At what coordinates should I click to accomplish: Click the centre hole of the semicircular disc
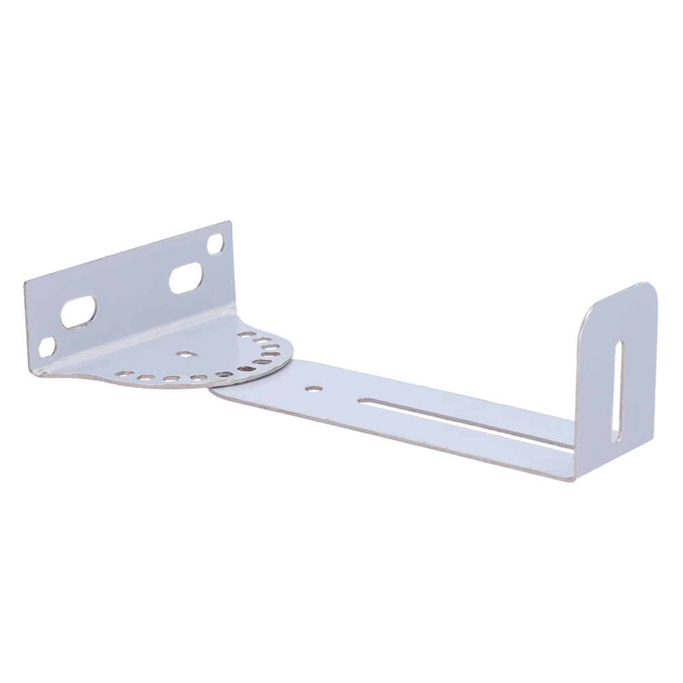184,354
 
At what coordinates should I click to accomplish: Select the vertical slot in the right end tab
617,391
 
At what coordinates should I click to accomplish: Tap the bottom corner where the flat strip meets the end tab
571,479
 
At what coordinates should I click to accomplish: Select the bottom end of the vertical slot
616,439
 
